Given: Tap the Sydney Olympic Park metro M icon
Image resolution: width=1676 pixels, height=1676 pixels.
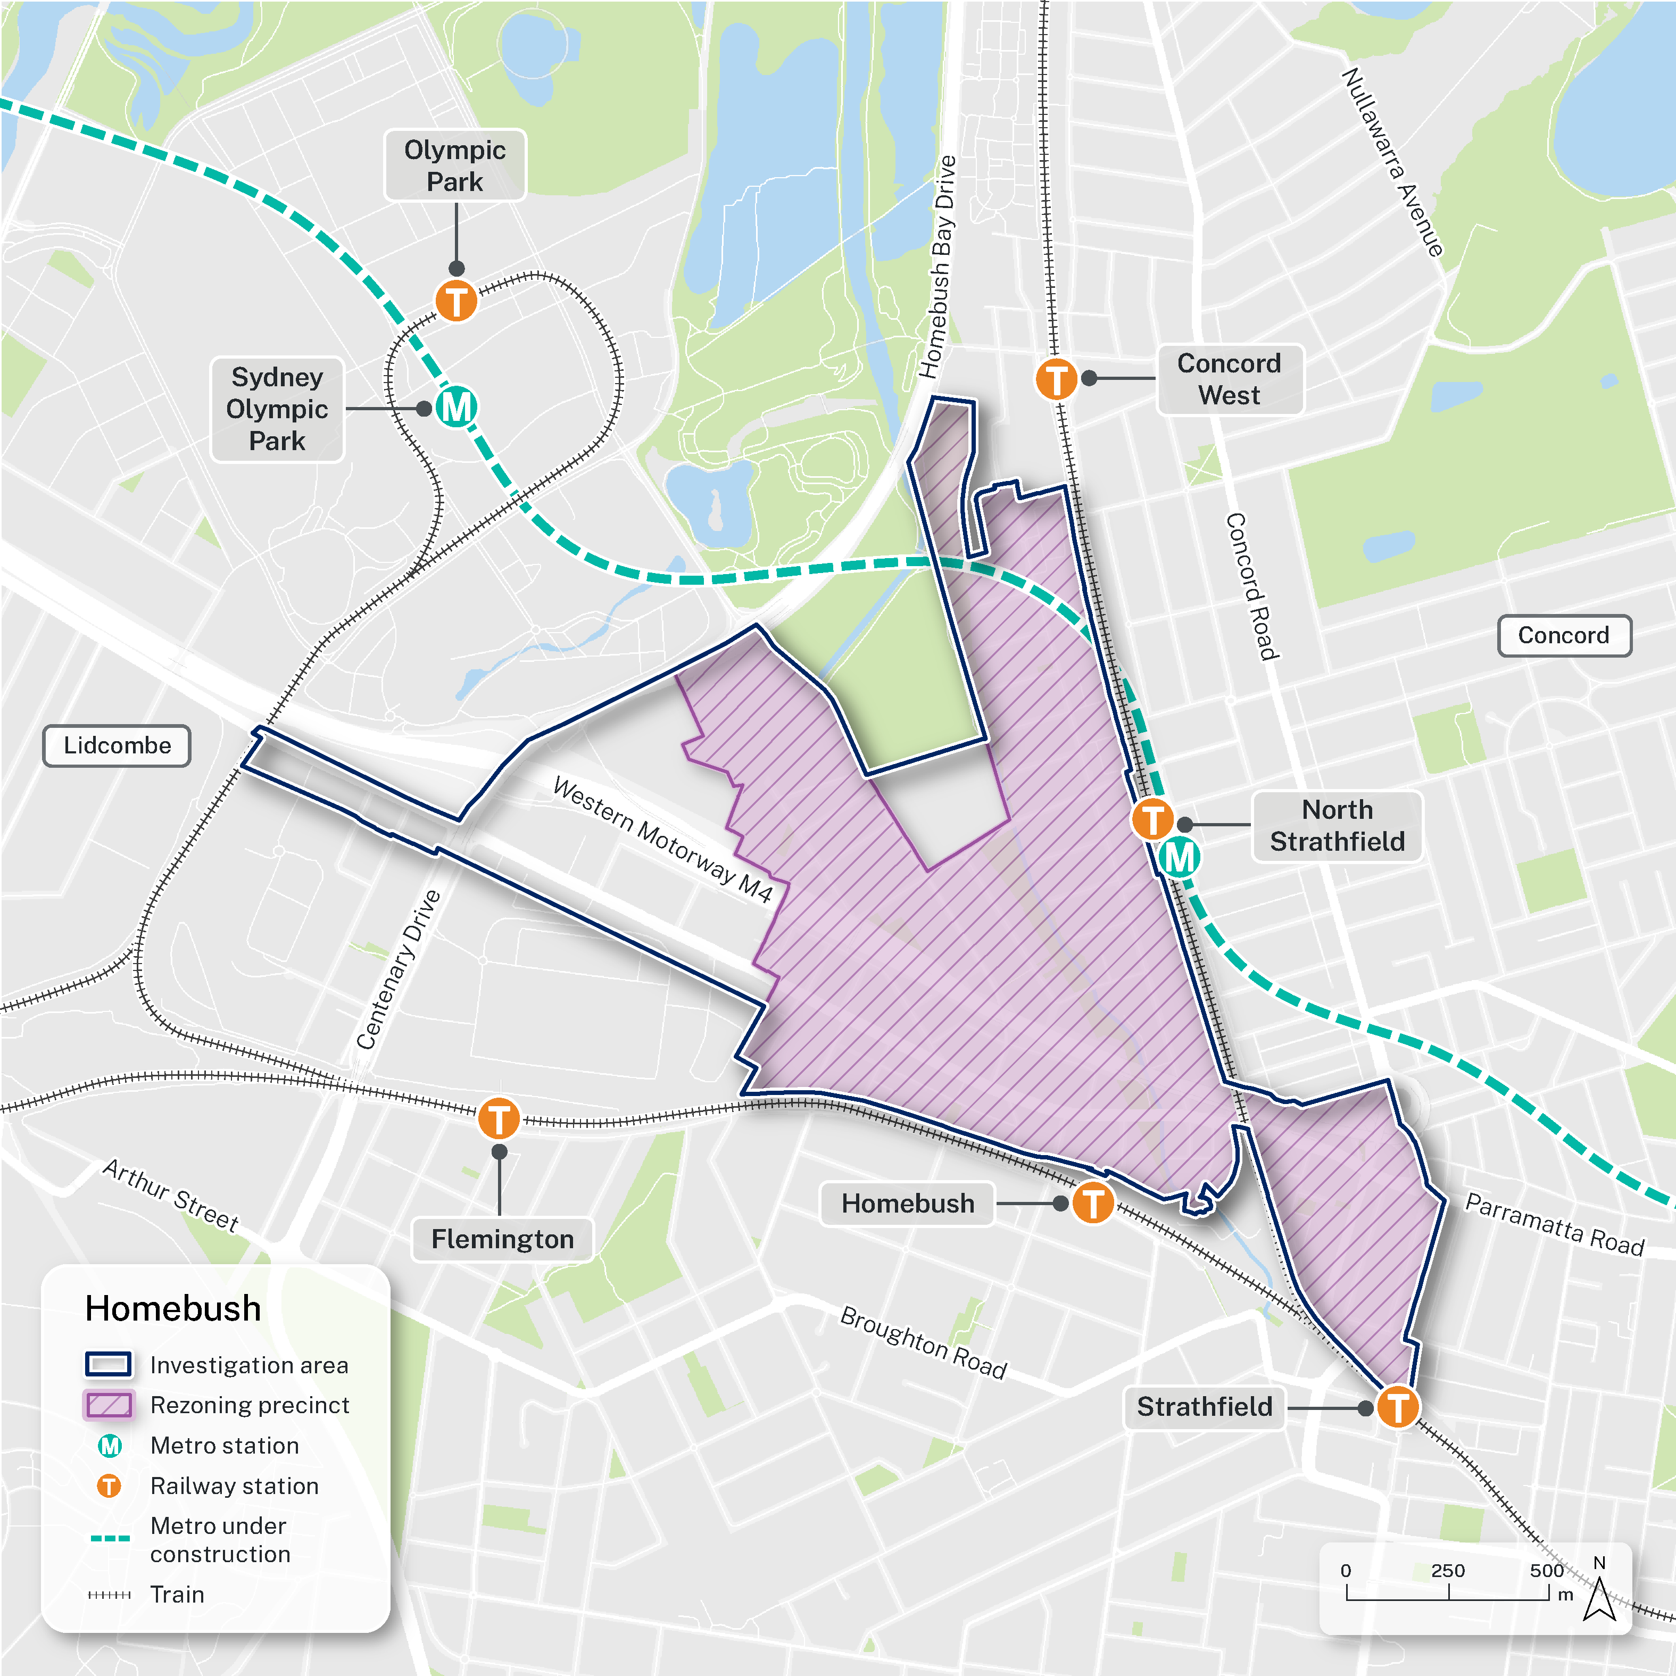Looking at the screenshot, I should pyautogui.click(x=457, y=407).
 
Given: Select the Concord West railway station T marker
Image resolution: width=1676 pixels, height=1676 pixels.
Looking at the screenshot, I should pyautogui.click(x=1056, y=379).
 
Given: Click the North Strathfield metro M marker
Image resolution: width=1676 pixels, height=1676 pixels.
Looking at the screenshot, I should pyautogui.click(x=1179, y=858).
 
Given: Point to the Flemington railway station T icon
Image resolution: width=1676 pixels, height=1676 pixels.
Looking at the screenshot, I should pyautogui.click(x=499, y=1118).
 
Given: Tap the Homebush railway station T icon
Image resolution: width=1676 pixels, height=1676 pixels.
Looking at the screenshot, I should pyautogui.click(x=1092, y=1203).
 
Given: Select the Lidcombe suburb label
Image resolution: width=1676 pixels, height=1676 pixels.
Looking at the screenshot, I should pyautogui.click(x=117, y=745).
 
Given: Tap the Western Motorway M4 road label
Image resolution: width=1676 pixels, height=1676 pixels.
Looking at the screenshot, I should pyautogui.click(x=663, y=840).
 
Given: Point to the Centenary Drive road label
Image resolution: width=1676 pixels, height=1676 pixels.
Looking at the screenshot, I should pyautogui.click(x=399, y=969).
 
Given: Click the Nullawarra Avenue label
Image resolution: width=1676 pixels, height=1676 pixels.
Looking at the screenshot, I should pyautogui.click(x=1393, y=162).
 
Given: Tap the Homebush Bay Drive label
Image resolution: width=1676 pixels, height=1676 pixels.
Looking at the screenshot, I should pyautogui.click(x=937, y=267).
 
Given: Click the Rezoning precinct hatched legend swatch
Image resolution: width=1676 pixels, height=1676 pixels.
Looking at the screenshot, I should pyautogui.click(x=109, y=1405).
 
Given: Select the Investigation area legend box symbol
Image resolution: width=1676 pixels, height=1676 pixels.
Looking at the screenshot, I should pyautogui.click(x=109, y=1364).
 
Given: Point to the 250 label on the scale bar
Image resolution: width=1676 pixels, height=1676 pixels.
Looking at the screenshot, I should pyautogui.click(x=1447, y=1570).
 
